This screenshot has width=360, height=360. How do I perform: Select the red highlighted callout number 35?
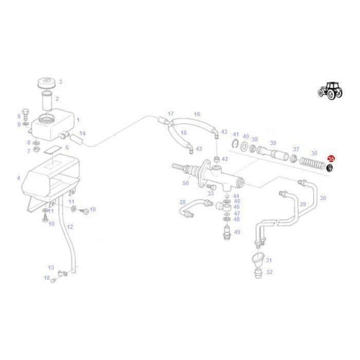(x=331, y=159)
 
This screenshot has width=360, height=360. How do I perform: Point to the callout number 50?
(x=185, y=183)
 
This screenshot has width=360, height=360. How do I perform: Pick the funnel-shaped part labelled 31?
(x=257, y=258)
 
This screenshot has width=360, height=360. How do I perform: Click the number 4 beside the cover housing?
(x=19, y=178)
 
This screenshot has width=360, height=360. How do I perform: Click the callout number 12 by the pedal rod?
(x=70, y=227)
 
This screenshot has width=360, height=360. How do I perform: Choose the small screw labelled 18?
(x=52, y=279)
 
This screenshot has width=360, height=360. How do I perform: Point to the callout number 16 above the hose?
(x=197, y=114)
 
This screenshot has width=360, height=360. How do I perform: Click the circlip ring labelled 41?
(x=235, y=145)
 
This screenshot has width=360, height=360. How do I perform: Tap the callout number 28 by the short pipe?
(x=183, y=202)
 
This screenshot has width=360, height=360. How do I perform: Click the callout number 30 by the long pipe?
(x=323, y=198)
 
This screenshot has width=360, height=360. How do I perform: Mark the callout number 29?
(x=303, y=204)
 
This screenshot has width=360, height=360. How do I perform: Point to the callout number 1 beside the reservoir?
(x=78, y=120)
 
